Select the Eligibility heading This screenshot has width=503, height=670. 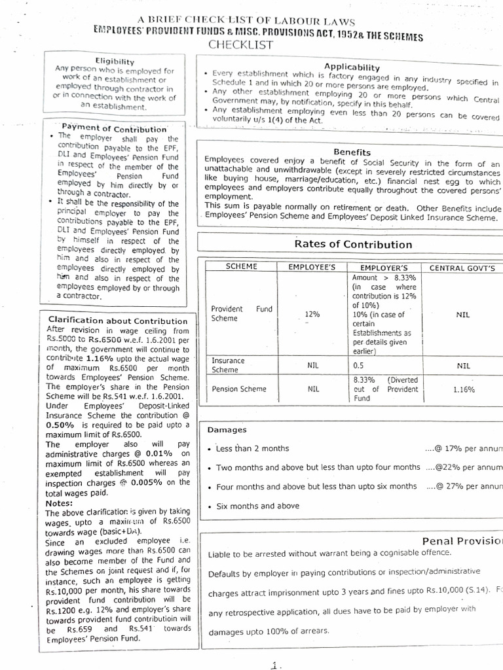point(115,60)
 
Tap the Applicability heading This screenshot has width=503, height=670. point(352,67)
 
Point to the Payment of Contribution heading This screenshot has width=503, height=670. point(114,128)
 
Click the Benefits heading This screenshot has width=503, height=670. point(352,152)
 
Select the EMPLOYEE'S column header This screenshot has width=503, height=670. point(312,268)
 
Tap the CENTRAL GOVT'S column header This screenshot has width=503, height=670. point(462,268)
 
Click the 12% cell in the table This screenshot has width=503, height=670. point(312,315)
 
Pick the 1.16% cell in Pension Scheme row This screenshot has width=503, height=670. point(464,389)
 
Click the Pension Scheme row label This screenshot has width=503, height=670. point(239,389)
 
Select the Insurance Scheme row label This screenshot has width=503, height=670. point(228,365)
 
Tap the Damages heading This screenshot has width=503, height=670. point(227,430)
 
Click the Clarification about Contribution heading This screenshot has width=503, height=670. point(118,321)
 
